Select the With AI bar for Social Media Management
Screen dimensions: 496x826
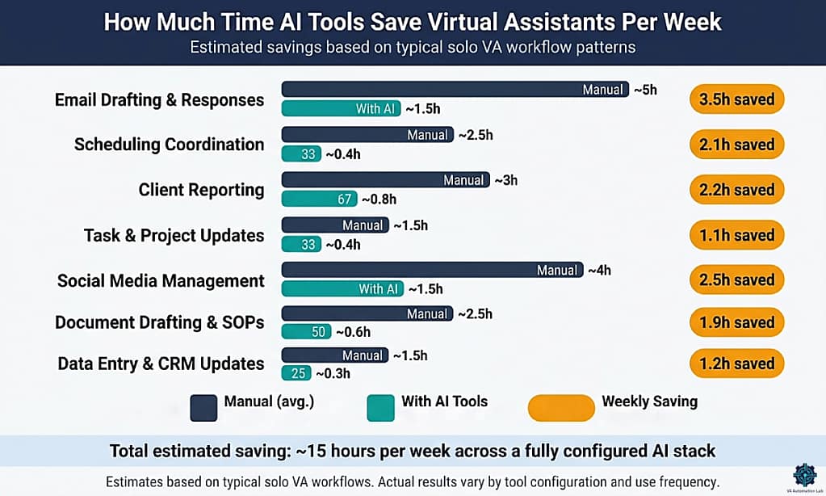click(342, 289)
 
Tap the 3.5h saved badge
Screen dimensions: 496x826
click(736, 99)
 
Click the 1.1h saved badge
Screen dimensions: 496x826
click(736, 235)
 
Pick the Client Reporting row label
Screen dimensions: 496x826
click(201, 190)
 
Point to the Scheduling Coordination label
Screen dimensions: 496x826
click(169, 145)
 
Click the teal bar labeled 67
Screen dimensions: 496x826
click(318, 199)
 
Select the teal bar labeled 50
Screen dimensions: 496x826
click(306, 331)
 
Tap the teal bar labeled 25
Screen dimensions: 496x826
click(296, 373)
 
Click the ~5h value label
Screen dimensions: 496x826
click(645, 90)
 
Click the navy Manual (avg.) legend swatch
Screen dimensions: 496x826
click(204, 408)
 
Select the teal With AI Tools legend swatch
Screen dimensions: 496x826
click(380, 408)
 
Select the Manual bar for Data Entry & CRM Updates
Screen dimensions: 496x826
click(334, 355)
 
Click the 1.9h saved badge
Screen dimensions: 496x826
click(736, 322)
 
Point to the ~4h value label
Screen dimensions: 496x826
click(599, 271)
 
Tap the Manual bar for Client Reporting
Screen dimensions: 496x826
click(385, 180)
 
